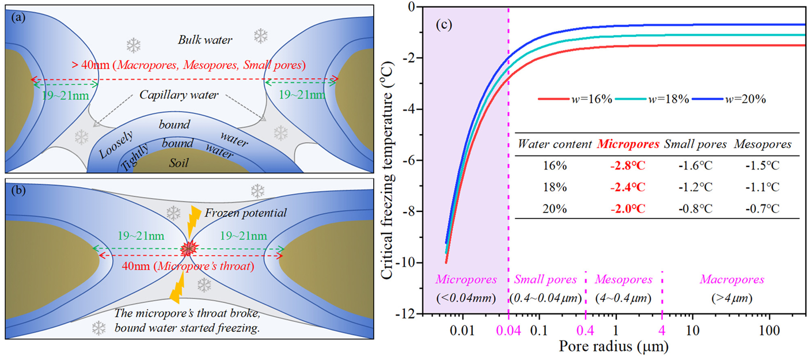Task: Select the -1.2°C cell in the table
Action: pos(696,187)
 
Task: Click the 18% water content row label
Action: pos(555,187)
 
